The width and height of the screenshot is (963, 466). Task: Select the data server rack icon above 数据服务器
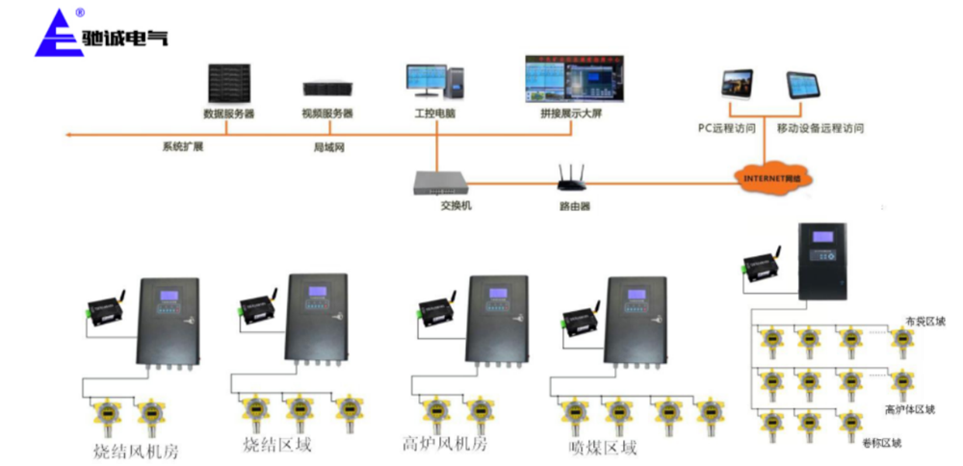click(x=228, y=84)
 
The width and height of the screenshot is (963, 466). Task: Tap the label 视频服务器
click(x=327, y=114)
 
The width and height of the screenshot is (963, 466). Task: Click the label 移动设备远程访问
click(x=820, y=127)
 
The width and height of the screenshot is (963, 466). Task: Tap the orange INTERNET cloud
click(x=771, y=178)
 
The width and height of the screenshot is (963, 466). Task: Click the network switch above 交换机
click(x=438, y=181)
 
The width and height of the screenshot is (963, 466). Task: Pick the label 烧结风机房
click(x=136, y=451)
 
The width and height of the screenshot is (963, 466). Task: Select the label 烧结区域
click(x=277, y=446)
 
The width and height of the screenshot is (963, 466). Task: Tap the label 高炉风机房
click(x=445, y=445)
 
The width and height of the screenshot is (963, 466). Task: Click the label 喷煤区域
click(x=603, y=448)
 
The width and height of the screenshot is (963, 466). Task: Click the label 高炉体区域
click(x=910, y=409)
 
